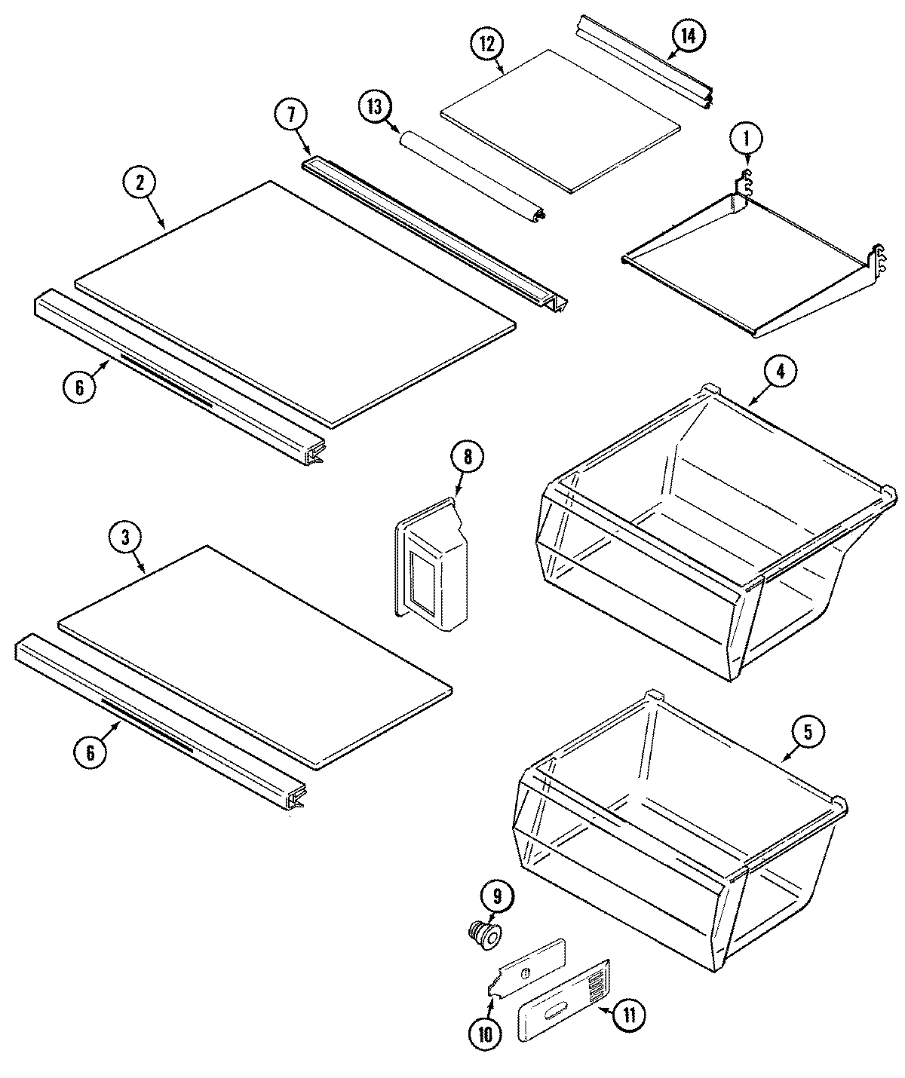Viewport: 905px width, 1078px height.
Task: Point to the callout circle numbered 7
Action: pyautogui.click(x=290, y=115)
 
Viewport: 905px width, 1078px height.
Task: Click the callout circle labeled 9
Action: pyautogui.click(x=498, y=898)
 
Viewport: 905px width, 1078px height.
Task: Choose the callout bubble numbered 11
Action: pyautogui.click(x=630, y=1015)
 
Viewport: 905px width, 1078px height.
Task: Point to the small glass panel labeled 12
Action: pyautogui.click(x=560, y=121)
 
